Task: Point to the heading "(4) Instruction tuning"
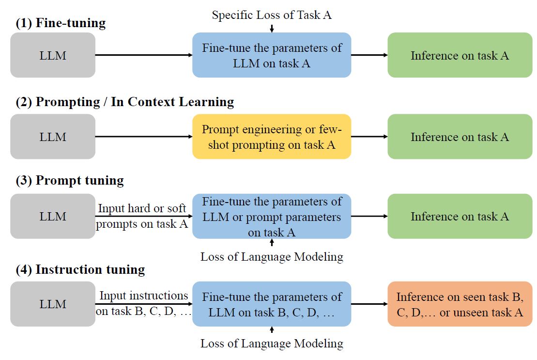click(x=77, y=269)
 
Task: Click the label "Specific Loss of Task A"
click(x=271, y=15)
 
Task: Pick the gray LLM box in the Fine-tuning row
click(x=53, y=55)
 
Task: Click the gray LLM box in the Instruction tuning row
click(x=53, y=304)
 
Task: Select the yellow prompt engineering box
click(x=271, y=137)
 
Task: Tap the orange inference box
click(x=460, y=304)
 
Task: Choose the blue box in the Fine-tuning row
click(x=271, y=55)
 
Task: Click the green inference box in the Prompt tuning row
click(x=460, y=217)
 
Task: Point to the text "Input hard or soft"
click(x=142, y=209)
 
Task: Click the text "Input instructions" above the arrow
click(x=144, y=296)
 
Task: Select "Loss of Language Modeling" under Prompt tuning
click(x=272, y=257)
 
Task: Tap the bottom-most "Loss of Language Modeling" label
click(x=272, y=344)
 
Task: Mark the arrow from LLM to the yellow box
click(x=144, y=137)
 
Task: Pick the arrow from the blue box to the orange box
click(x=369, y=304)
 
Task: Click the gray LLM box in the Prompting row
click(x=53, y=137)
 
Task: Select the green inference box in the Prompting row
click(x=460, y=137)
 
